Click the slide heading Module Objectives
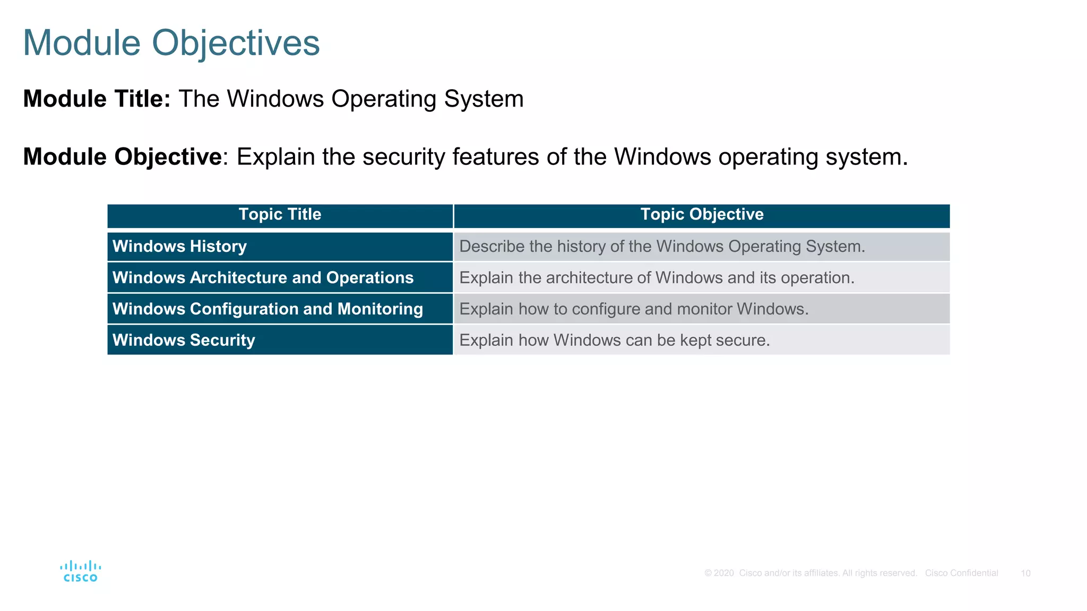[x=171, y=42]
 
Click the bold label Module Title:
[x=97, y=99]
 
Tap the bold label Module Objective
[x=122, y=156]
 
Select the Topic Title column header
[x=280, y=214]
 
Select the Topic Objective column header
[x=702, y=214]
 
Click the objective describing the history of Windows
[x=662, y=246]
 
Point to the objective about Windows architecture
[x=657, y=277]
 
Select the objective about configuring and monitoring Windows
[x=634, y=309]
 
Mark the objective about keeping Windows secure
[x=614, y=340]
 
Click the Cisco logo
[x=81, y=571]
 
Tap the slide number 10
[x=1025, y=573]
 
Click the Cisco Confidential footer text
[x=961, y=573]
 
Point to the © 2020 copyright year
[x=719, y=573]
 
